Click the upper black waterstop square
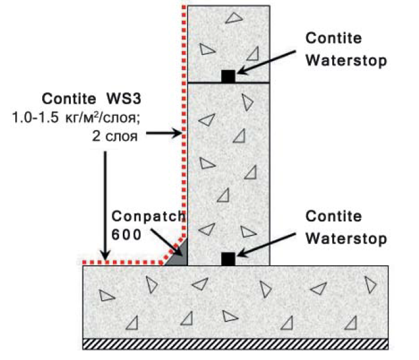pyautogui.click(x=228, y=76)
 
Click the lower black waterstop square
pyautogui.click(x=228, y=259)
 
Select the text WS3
pyautogui.click(x=124, y=99)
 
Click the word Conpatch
pyautogui.click(x=148, y=217)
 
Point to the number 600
pyautogui.click(x=126, y=235)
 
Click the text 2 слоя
pyautogui.click(x=115, y=136)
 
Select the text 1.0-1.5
pyautogui.click(x=35, y=117)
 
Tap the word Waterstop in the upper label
pyautogui.click(x=346, y=60)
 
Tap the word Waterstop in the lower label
pyautogui.click(x=346, y=239)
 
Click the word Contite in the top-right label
pyautogui.click(x=333, y=38)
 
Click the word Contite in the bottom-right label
pyautogui.click(x=333, y=216)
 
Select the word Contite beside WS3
pyautogui.click(x=69, y=99)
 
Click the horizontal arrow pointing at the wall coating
pyautogui.click(x=164, y=132)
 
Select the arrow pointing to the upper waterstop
pyautogui.click(x=266, y=62)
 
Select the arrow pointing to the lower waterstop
pyautogui.click(x=266, y=245)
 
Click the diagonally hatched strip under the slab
pyautogui.click(x=235, y=344)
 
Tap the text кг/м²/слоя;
pyautogui.click(x=103, y=117)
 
